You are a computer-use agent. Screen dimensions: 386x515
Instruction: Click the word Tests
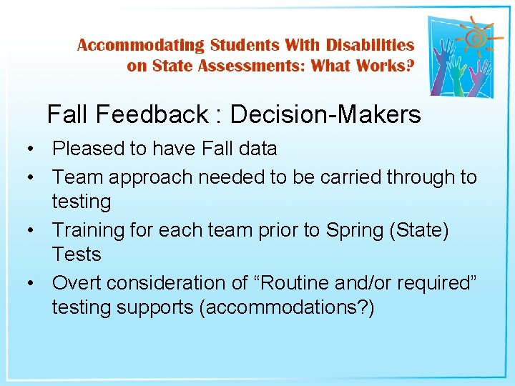coord(77,254)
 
